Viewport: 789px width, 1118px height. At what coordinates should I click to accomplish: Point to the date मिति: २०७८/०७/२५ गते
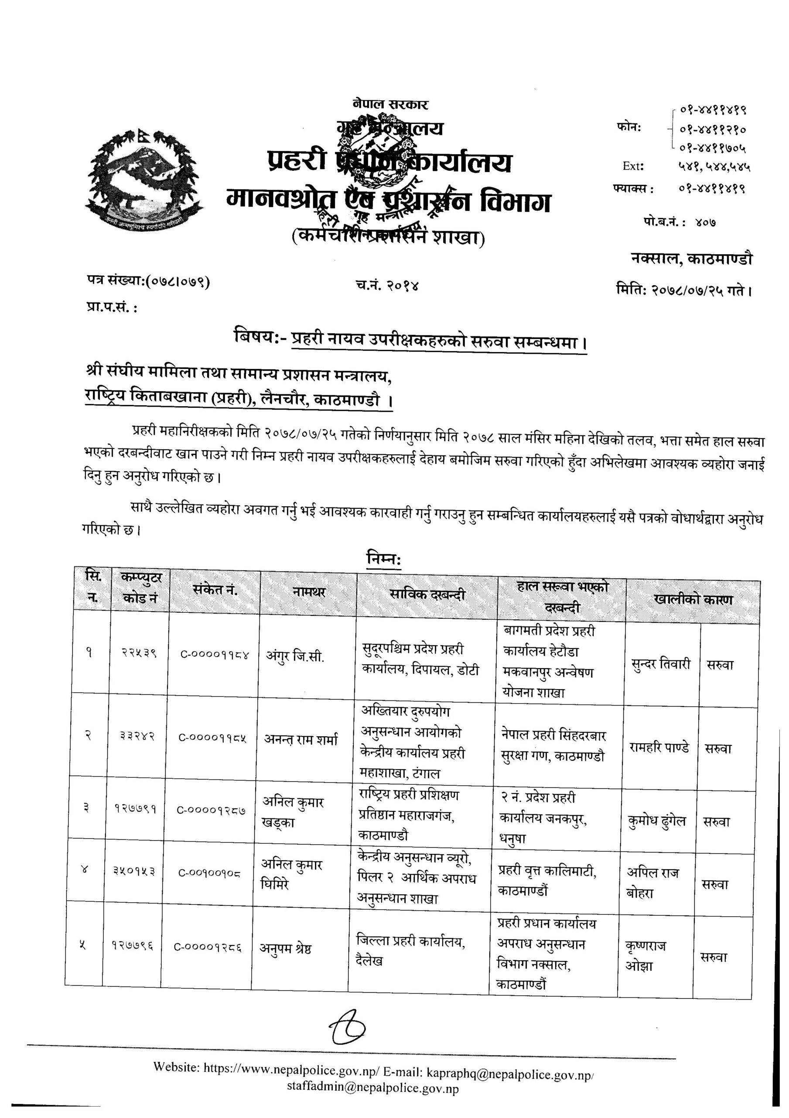[684, 291]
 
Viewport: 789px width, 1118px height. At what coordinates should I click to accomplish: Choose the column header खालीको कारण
[693, 600]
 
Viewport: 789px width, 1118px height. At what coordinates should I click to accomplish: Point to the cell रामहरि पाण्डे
[659, 747]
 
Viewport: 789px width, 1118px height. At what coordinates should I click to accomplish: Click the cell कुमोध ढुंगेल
[657, 821]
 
